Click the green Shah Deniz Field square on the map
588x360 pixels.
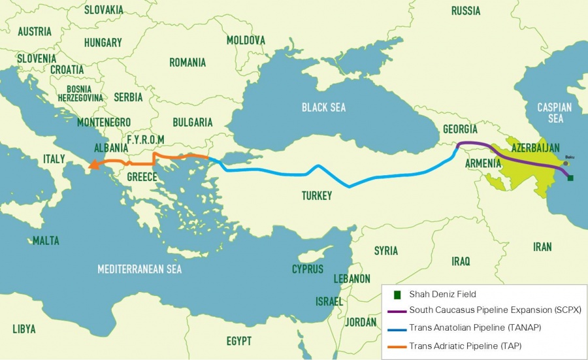pos(570,178)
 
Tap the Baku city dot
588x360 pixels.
pos(566,163)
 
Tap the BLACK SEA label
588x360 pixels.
pos(323,107)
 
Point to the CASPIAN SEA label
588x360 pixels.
pos(554,112)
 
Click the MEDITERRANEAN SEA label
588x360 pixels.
pos(139,269)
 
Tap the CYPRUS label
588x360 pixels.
pos(307,269)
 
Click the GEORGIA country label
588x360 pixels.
pos(460,129)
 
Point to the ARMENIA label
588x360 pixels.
pos(465,162)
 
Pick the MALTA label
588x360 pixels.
pos(46,240)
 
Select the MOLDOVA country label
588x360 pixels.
pos(246,41)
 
